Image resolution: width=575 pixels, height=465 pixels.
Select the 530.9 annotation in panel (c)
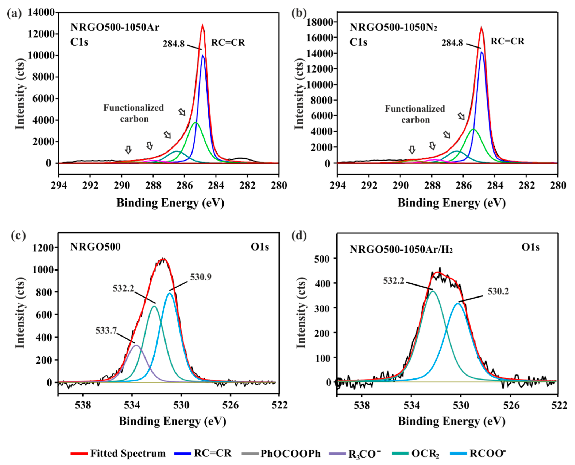tap(201, 277)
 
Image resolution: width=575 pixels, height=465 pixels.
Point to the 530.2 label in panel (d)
tap(498, 291)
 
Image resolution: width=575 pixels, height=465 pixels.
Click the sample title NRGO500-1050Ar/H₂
tap(401, 249)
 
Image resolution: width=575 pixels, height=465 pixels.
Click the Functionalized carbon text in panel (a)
tap(133, 113)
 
